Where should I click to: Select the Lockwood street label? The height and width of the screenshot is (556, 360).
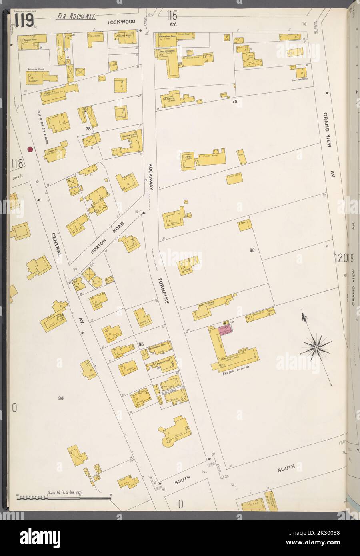point(121,21)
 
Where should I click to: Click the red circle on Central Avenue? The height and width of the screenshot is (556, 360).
point(30,149)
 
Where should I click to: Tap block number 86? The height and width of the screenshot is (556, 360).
point(252,251)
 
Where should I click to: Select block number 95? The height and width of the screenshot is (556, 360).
point(141,344)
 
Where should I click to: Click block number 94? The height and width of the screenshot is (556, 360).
point(61,398)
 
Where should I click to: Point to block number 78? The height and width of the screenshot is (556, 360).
point(88,129)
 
